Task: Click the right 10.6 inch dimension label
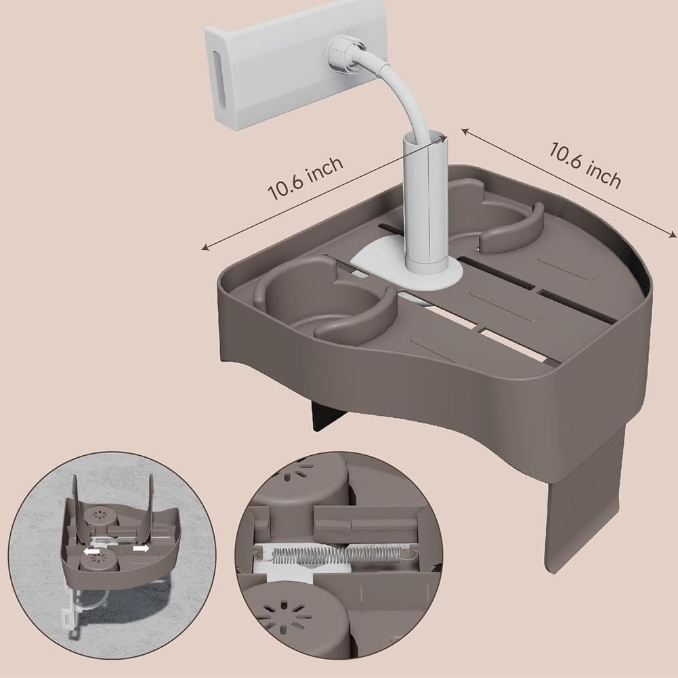[x=585, y=165]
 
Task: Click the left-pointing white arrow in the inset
[x=91, y=552]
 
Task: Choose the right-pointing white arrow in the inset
[x=141, y=548]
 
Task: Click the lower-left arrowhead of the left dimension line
[x=206, y=248]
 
